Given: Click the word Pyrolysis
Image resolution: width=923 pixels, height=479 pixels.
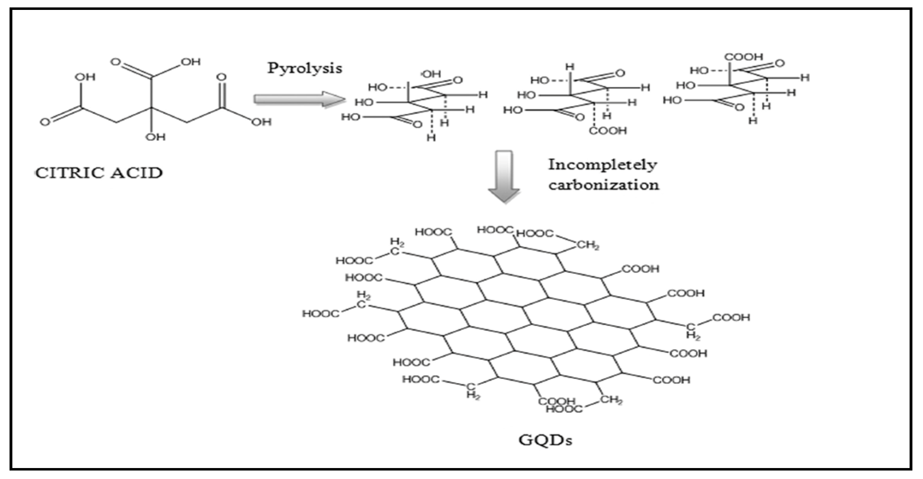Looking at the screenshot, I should tap(305, 68).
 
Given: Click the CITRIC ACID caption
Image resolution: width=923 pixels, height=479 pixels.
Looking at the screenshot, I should tap(99, 173).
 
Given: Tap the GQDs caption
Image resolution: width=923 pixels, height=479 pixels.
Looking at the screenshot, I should tap(545, 440).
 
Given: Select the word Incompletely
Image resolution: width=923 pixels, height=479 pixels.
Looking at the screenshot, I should tap(603, 165).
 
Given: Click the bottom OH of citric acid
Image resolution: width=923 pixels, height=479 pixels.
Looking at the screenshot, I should tap(156, 137).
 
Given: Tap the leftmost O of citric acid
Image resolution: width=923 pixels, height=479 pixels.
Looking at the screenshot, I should tap(45, 122).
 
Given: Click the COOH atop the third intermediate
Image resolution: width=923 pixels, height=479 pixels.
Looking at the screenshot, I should tap(744, 57).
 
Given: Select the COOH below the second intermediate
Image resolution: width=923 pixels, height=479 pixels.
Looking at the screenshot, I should tap(608, 131).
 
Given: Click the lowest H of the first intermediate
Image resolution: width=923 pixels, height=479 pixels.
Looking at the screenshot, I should tap(431, 138).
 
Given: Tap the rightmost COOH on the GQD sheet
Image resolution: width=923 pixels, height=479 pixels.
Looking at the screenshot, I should tap(731, 318).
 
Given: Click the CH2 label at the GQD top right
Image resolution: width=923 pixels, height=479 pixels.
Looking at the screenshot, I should tap(588, 246).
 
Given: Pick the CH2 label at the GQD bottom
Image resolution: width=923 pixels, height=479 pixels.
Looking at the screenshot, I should tap(611, 400).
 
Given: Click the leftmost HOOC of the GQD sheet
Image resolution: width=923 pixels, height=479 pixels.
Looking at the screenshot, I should tap(320, 314).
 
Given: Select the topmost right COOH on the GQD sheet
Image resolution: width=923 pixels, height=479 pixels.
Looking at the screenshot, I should tap(640, 269).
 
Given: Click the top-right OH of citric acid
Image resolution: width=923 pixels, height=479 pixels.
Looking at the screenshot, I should tap(191, 62).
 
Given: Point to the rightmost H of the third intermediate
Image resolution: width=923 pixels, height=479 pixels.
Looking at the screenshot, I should tap(805, 77).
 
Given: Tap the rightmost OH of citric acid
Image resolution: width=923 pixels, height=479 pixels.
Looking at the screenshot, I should tap(261, 122).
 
